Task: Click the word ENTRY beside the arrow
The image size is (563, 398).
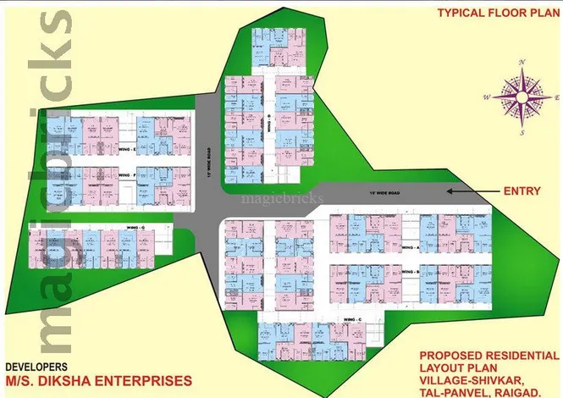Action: click(521, 191)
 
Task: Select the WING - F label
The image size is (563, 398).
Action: click(127, 175)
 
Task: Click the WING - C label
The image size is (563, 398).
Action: click(352, 318)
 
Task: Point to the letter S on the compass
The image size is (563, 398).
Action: click(523, 133)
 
